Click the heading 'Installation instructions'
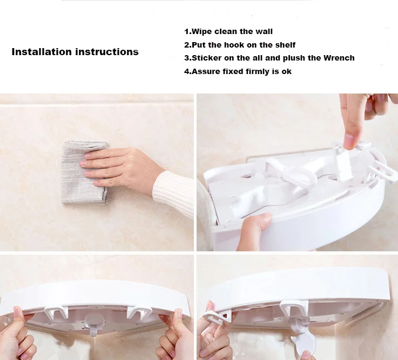[x=75, y=52]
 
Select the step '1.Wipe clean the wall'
[x=228, y=31]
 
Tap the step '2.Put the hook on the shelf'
[x=240, y=45]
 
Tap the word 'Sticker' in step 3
[x=206, y=58]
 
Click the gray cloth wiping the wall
[x=81, y=171]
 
